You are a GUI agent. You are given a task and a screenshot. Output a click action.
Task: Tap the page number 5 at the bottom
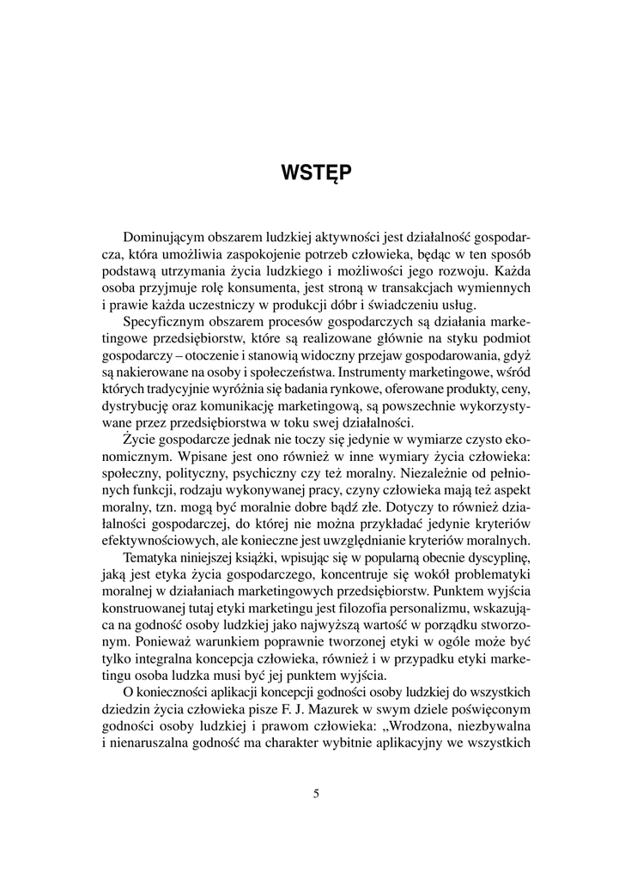click(x=316, y=793)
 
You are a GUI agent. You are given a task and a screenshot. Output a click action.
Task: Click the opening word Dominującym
click(x=167, y=236)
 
